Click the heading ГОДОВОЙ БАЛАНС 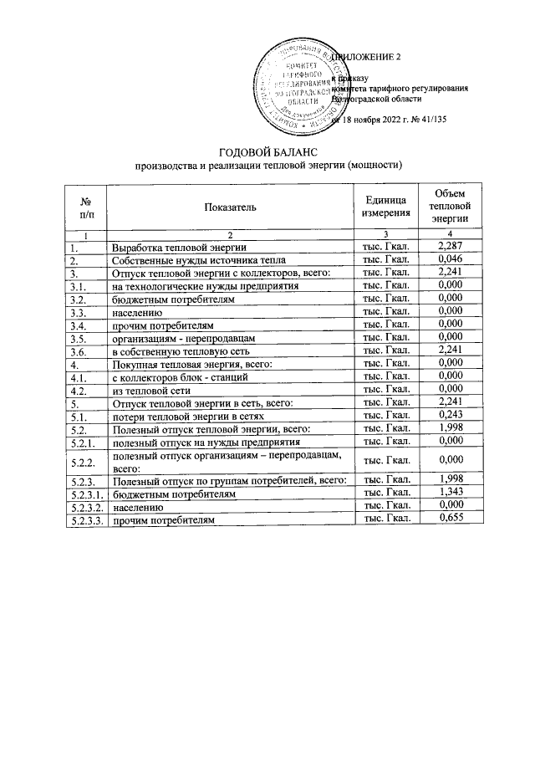pyautogui.click(x=268, y=151)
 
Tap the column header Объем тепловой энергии pyautogui.click(x=450, y=206)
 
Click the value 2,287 pyautogui.click(x=450, y=247)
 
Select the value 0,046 pyautogui.click(x=450, y=259)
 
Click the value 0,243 pyautogui.click(x=450, y=416)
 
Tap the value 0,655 pyautogui.click(x=450, y=519)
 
